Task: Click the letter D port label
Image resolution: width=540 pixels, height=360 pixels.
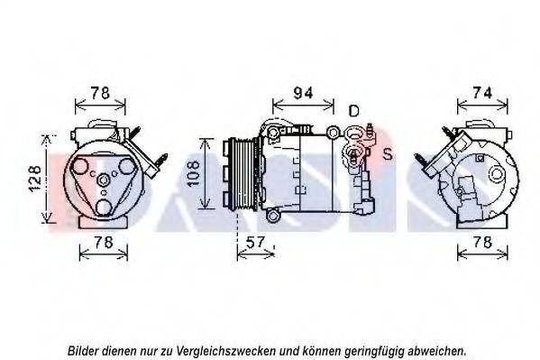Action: pos(354,110)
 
